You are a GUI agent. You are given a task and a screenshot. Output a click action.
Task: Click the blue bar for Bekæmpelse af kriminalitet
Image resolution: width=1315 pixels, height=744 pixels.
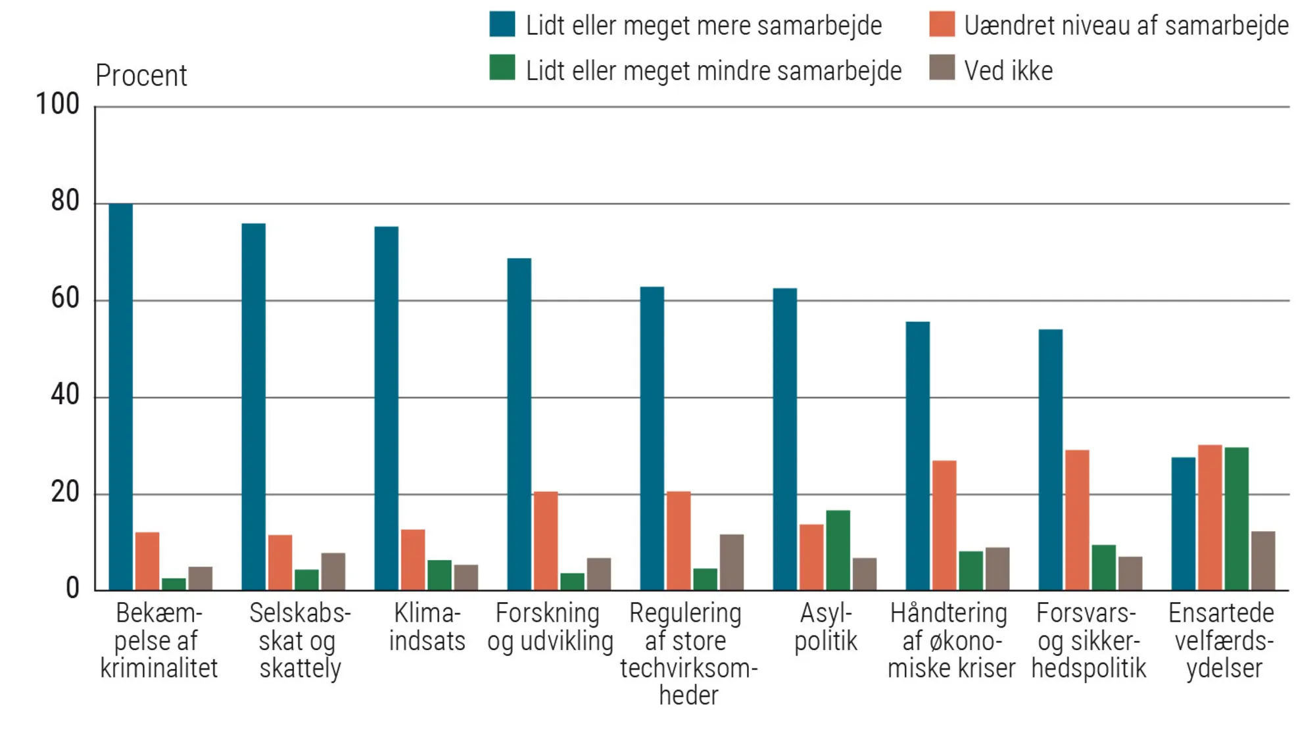pyautogui.click(x=120, y=397)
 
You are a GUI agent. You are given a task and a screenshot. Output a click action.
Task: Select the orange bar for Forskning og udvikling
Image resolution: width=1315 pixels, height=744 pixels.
pyautogui.click(x=545, y=541)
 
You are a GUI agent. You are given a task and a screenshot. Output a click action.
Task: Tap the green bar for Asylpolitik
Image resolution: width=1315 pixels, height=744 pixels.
pyautogui.click(x=838, y=550)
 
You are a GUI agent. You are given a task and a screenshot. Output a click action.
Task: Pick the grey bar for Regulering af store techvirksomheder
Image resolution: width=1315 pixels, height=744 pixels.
pyautogui.click(x=731, y=562)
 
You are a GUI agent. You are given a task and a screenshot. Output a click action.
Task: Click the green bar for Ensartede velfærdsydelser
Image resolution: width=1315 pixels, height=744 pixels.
pyautogui.click(x=1236, y=519)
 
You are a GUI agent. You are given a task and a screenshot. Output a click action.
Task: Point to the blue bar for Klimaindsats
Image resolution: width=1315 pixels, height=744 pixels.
pyautogui.click(x=386, y=408)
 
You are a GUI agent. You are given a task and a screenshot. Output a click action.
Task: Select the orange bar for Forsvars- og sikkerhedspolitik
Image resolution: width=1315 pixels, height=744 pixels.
pyautogui.click(x=1077, y=520)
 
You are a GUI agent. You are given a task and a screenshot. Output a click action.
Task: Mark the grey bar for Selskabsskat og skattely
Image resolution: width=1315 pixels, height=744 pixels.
pyautogui.click(x=333, y=571)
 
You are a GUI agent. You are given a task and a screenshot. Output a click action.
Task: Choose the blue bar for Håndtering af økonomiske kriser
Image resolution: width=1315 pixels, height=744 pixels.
pyautogui.click(x=917, y=455)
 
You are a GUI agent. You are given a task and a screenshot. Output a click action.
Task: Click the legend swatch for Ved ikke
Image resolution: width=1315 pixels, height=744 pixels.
pyautogui.click(x=942, y=68)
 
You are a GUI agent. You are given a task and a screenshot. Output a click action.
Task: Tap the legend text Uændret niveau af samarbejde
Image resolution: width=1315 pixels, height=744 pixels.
pyautogui.click(x=1126, y=26)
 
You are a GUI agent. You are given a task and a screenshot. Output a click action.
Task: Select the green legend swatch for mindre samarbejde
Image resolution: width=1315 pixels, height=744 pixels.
pyautogui.click(x=502, y=68)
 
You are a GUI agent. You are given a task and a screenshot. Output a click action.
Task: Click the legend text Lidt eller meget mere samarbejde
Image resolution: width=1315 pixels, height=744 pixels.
pyautogui.click(x=704, y=26)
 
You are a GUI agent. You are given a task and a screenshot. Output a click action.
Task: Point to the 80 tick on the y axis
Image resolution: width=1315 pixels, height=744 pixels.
pyautogui.click(x=65, y=201)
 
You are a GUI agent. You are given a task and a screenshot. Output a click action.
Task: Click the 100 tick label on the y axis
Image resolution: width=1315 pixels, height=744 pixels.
pyautogui.click(x=57, y=105)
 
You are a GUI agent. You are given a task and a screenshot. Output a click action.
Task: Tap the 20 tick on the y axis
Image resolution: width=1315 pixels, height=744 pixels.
pyautogui.click(x=65, y=492)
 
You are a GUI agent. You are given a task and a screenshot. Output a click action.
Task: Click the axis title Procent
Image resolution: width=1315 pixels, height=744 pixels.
pyautogui.click(x=141, y=76)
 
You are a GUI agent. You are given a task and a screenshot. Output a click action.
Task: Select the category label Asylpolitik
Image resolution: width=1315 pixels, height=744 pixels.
pyautogui.click(x=825, y=627)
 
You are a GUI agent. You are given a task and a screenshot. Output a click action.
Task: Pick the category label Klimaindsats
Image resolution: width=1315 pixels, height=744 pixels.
pyautogui.click(x=427, y=627)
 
